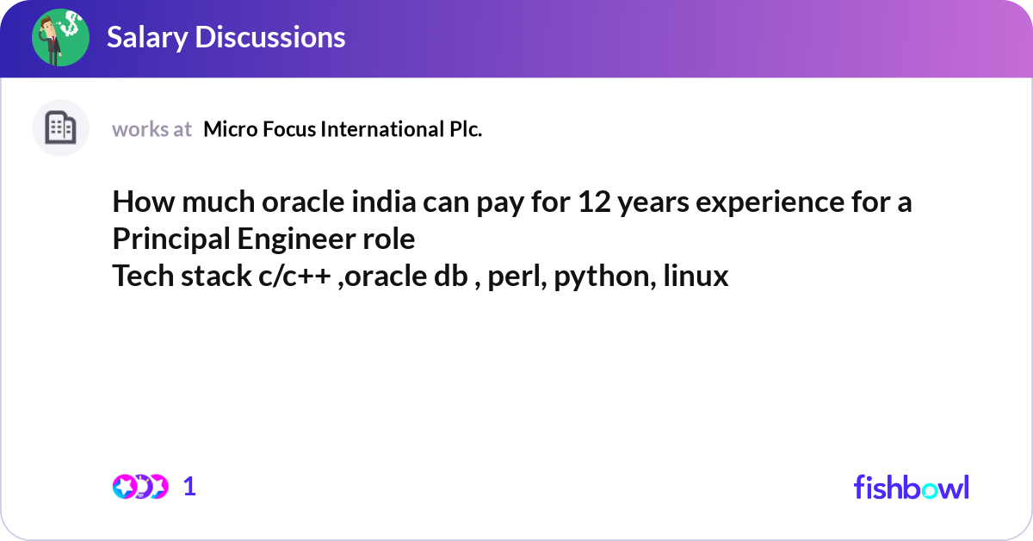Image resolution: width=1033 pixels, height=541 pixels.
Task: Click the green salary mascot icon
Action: coord(60,37)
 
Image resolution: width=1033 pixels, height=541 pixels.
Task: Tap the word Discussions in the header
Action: coord(270,37)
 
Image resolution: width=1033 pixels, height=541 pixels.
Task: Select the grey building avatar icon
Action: coord(60,127)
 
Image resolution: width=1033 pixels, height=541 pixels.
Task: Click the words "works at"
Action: coord(152,129)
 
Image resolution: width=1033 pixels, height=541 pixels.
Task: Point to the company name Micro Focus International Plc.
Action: coord(343,129)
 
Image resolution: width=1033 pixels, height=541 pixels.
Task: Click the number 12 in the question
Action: coord(595,202)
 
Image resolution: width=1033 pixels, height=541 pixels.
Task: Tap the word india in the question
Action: coord(384,202)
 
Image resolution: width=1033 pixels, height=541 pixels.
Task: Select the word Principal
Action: coord(171,239)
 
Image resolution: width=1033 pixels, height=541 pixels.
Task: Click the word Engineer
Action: coord(296,239)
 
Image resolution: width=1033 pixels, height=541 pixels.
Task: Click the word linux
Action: coord(696,276)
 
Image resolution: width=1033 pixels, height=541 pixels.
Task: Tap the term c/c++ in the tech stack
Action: coord(294,276)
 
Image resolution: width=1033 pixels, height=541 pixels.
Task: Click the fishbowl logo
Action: coord(912,487)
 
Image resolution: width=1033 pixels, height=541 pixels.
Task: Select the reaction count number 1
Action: coord(189,487)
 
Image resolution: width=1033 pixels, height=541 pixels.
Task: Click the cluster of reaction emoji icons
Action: coord(140,487)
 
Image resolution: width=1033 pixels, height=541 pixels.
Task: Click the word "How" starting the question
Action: coord(144,202)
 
